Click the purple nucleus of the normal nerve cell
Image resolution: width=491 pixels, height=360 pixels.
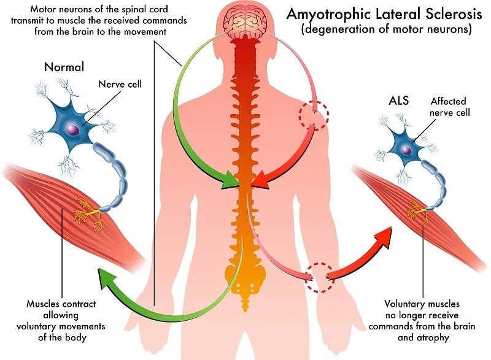pyautogui.click(x=74, y=130)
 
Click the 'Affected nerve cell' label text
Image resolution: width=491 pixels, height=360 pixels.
pyautogui.click(x=448, y=107)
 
